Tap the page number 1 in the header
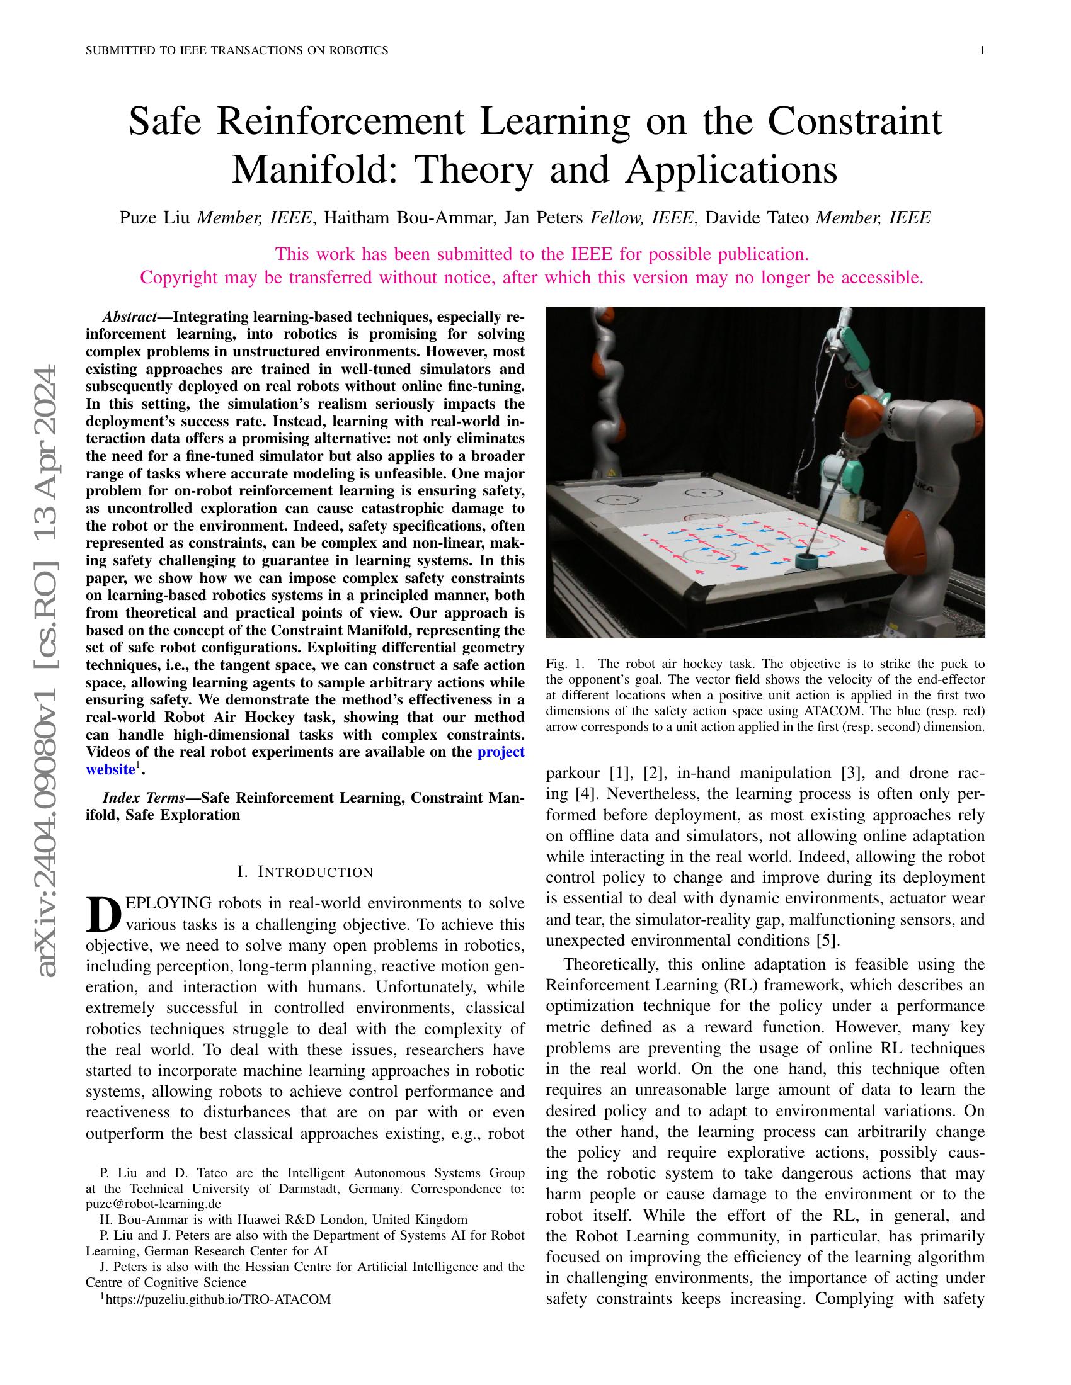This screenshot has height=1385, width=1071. [982, 51]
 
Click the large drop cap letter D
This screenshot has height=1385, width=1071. [103, 913]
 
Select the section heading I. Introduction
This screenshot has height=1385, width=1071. [304, 872]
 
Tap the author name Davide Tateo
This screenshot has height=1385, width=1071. [757, 218]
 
